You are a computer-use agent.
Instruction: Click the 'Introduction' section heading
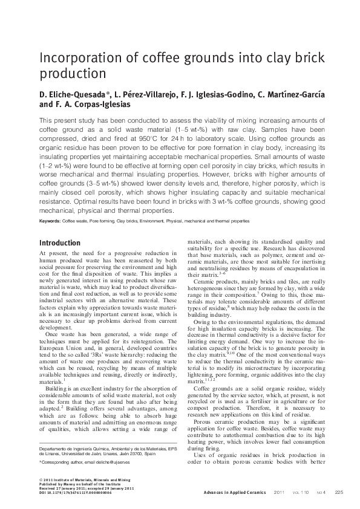coord(59,243)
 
